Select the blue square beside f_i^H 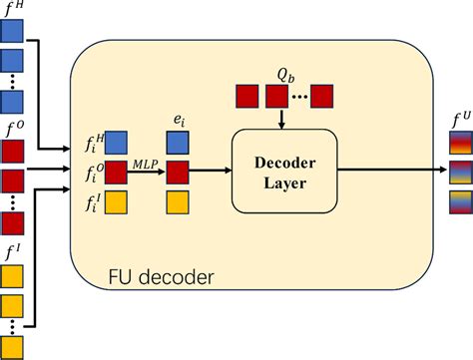(x=116, y=143)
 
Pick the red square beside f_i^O (x=116, y=172)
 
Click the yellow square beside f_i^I (x=116, y=201)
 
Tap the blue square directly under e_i (x=177, y=143)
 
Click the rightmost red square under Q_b (x=321, y=97)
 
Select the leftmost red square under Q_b (x=246, y=97)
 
